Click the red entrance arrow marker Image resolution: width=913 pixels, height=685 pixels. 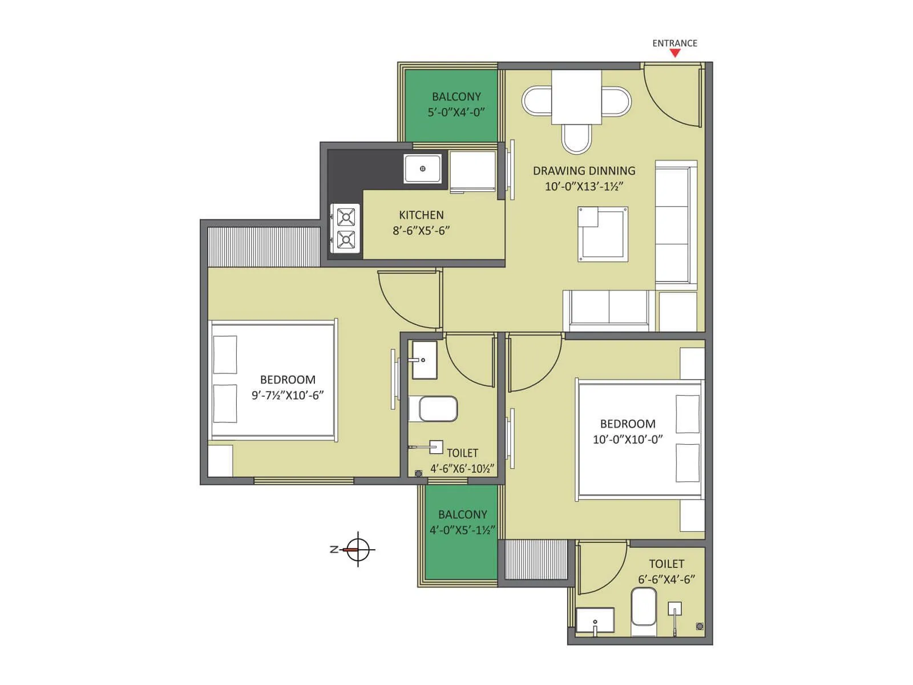pyautogui.click(x=675, y=53)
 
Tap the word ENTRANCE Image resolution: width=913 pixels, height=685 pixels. pyautogui.click(x=674, y=43)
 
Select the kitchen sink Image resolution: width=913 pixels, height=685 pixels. pyautogui.click(x=422, y=169)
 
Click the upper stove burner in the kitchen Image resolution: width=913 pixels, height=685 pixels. pyautogui.click(x=346, y=217)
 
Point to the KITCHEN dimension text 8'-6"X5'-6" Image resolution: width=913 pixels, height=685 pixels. pyautogui.click(x=421, y=231)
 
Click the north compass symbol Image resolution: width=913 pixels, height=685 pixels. pyautogui.click(x=358, y=550)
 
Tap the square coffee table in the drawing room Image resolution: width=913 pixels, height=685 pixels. pyautogui.click(x=603, y=234)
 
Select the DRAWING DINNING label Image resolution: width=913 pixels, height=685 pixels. pyautogui.click(x=584, y=171)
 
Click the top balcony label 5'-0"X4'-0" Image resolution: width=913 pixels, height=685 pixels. pyautogui.click(x=456, y=112)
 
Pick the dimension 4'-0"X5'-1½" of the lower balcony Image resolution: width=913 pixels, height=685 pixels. pyautogui.click(x=462, y=530)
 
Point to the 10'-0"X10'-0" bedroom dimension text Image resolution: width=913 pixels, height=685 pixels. pyautogui.click(x=627, y=440)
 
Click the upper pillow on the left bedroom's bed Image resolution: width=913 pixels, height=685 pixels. pyautogui.click(x=225, y=354)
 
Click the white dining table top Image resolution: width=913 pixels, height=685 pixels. pyautogui.click(x=576, y=96)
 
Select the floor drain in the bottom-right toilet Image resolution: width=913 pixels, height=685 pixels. pyautogui.click(x=700, y=626)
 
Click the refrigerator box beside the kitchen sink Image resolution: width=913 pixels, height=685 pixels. pyautogui.click(x=472, y=171)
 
